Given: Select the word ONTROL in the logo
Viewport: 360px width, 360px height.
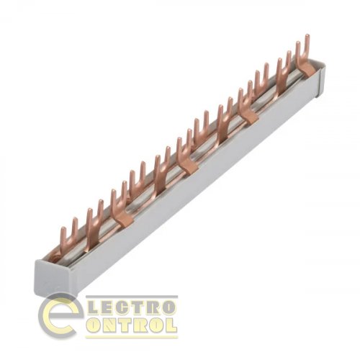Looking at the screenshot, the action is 132,325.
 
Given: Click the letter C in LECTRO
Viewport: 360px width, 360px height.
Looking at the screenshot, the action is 123,307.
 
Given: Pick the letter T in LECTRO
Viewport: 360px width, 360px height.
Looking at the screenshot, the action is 138,307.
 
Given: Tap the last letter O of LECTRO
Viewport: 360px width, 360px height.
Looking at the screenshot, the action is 168,307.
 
